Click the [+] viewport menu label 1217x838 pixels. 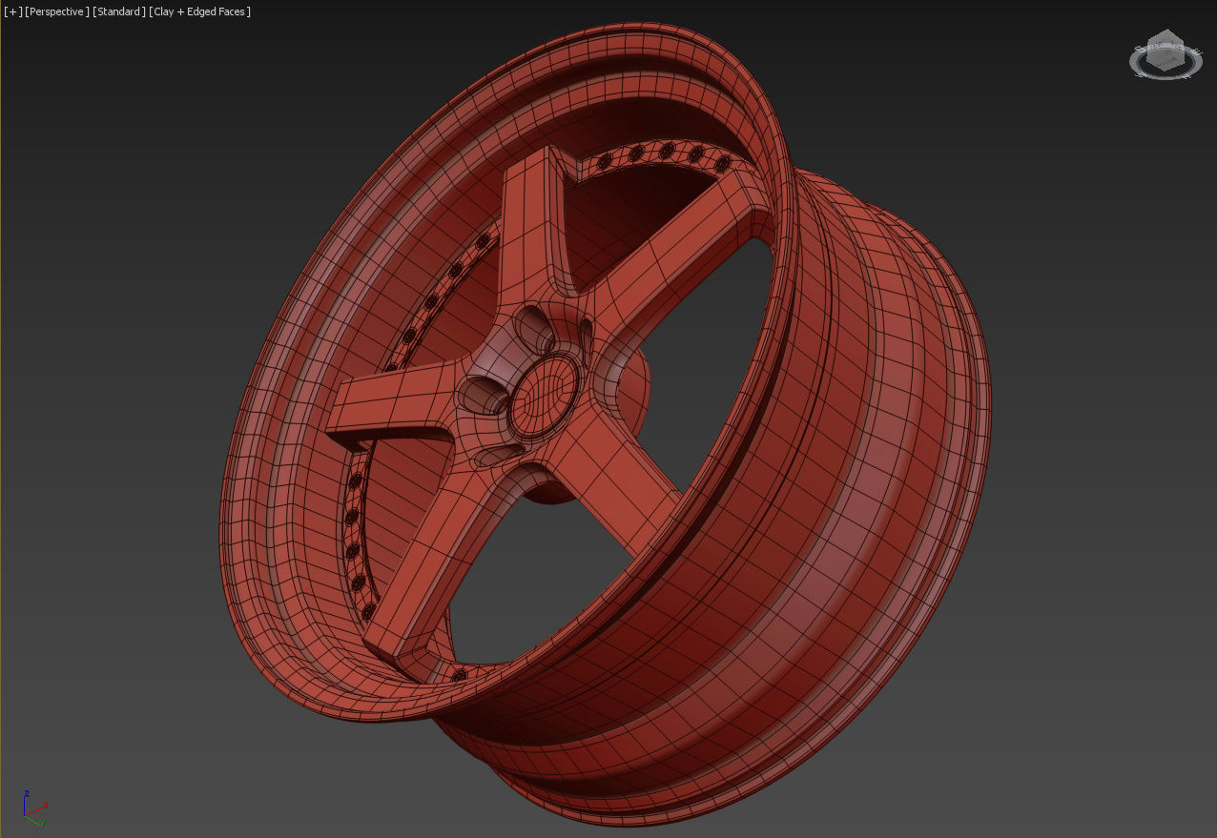coord(12,11)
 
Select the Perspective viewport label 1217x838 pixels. coord(57,11)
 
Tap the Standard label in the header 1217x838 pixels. coord(119,11)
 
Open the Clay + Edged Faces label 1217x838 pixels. coord(200,11)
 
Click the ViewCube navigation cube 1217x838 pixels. coord(1165,55)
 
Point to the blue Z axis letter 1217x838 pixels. coord(27,793)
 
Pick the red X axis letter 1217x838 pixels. coord(46,804)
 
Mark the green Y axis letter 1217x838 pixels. coord(42,822)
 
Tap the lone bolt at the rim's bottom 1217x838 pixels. coord(461,675)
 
